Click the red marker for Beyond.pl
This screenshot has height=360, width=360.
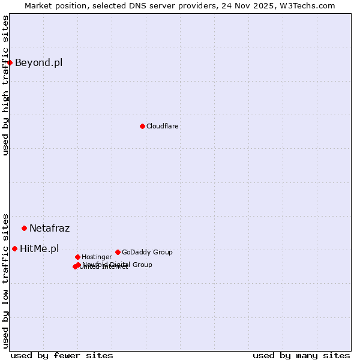(x=10, y=62)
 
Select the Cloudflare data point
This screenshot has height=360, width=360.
(x=142, y=126)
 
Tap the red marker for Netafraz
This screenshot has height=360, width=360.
(x=24, y=228)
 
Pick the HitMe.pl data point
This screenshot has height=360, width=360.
(x=14, y=248)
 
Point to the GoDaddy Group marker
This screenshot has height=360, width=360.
(x=118, y=252)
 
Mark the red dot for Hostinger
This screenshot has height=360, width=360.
(x=77, y=257)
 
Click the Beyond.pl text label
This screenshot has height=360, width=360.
(x=38, y=62)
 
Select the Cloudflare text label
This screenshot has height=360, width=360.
(x=162, y=126)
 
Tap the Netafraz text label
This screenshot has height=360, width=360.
(x=49, y=228)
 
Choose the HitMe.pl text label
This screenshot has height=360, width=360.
(x=39, y=248)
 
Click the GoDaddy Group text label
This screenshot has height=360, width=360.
(x=147, y=252)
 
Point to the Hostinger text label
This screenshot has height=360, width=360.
(x=97, y=257)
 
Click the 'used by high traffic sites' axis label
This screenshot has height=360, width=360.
(x=5, y=85)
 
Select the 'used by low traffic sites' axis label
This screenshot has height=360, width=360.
(x=5, y=280)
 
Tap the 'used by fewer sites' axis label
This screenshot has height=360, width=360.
(x=62, y=355)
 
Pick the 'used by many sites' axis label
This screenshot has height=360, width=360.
(x=301, y=355)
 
